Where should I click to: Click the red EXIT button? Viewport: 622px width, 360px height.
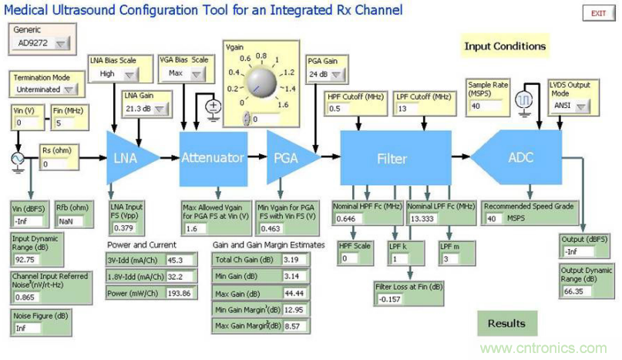598,14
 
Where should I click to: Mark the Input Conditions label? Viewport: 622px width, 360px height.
505,46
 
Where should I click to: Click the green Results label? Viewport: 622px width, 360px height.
506,323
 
